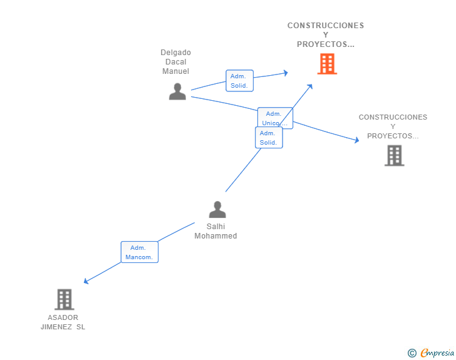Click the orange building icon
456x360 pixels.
click(327, 64)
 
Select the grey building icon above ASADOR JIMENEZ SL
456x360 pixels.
click(64, 299)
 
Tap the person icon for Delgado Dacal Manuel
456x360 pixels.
click(177, 91)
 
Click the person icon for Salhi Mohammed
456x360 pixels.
click(217, 209)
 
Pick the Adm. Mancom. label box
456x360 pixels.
click(139, 252)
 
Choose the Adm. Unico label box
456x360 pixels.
click(274, 118)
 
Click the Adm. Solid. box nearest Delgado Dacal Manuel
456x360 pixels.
click(239, 81)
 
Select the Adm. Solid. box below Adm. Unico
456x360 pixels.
click(269, 138)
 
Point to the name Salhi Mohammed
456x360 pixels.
click(215, 231)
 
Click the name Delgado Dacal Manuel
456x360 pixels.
click(175, 62)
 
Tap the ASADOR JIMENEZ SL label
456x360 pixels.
click(63, 322)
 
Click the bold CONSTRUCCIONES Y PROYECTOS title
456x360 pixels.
click(326, 35)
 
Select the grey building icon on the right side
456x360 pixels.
click(394, 155)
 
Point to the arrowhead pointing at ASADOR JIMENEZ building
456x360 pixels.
click(86, 282)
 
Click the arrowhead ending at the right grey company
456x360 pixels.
click(357, 140)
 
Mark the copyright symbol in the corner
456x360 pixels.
click(412, 353)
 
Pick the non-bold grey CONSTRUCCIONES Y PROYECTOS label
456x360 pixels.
click(393, 126)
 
